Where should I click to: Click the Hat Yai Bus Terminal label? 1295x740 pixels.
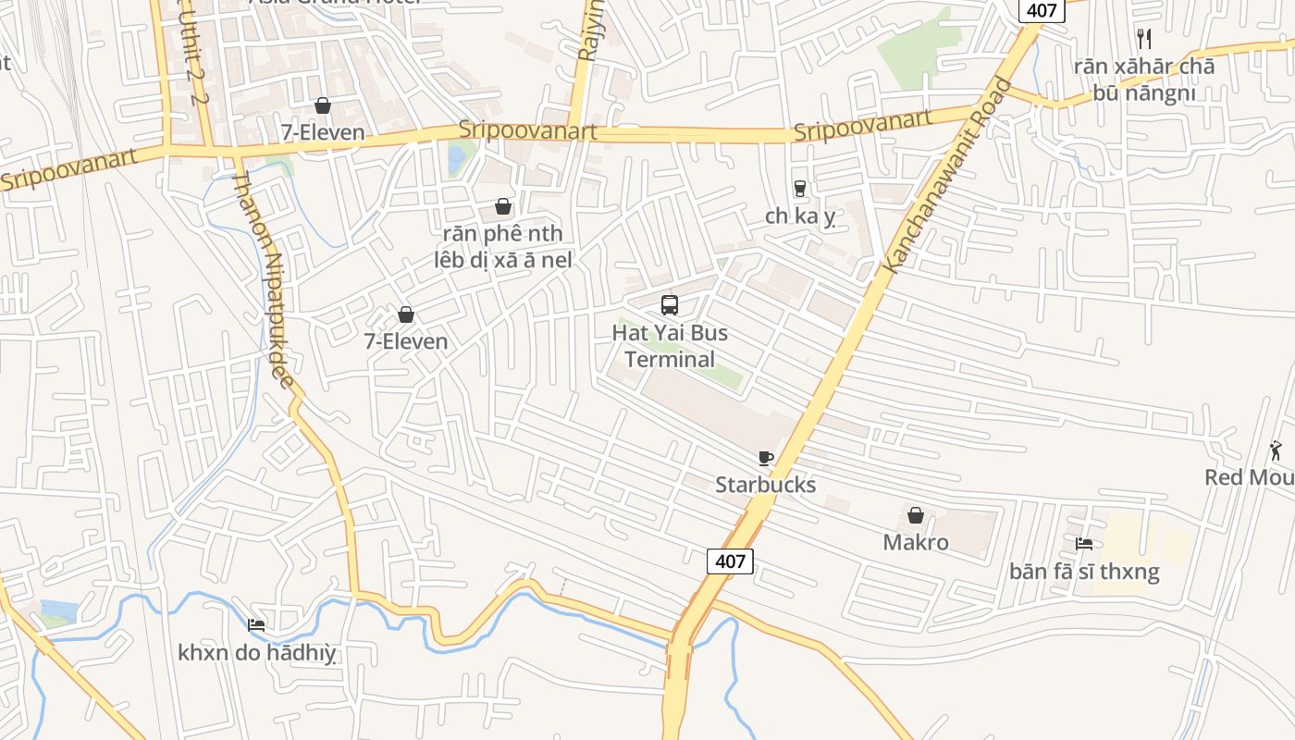pos(670,346)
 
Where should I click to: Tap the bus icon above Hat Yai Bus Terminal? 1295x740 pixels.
pos(670,304)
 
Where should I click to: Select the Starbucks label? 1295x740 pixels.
pos(765,485)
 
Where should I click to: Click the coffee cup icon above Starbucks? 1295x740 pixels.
pos(765,458)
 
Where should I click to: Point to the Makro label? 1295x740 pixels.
pos(916,542)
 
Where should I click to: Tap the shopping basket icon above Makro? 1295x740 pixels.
pos(916,515)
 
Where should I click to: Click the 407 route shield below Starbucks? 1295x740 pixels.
pos(730,561)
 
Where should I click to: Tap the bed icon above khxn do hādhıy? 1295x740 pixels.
pos(256,625)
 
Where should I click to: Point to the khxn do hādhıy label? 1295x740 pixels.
pos(256,653)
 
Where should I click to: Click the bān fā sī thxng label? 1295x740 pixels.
pos(1084,571)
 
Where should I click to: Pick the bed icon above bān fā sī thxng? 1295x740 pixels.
pos(1084,543)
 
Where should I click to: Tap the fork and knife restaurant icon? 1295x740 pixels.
pos(1144,38)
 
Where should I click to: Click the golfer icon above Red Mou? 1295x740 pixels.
pos(1276,450)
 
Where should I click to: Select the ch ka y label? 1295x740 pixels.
pos(800,216)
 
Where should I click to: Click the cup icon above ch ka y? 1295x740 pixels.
pos(800,189)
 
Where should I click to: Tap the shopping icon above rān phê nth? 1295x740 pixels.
pos(503,206)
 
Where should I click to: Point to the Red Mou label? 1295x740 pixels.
pos(1249,477)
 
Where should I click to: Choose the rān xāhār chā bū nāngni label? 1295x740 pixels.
pos(1144,80)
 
